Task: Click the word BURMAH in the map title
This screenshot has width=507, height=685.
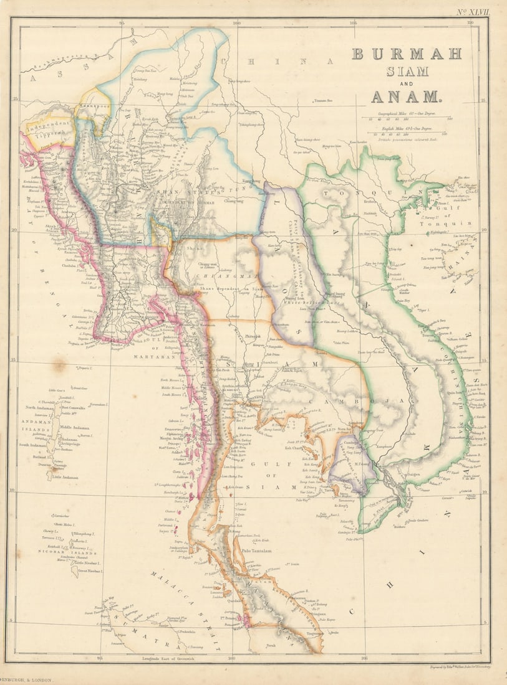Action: (407, 54)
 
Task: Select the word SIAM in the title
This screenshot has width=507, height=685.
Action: (407, 71)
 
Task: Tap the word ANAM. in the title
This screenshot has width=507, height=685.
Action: (406, 97)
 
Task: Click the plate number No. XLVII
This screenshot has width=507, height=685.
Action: (472, 11)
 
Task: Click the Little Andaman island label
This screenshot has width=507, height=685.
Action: (65, 477)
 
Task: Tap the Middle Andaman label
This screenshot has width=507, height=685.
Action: (75, 428)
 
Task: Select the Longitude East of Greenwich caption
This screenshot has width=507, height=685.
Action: (187, 651)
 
